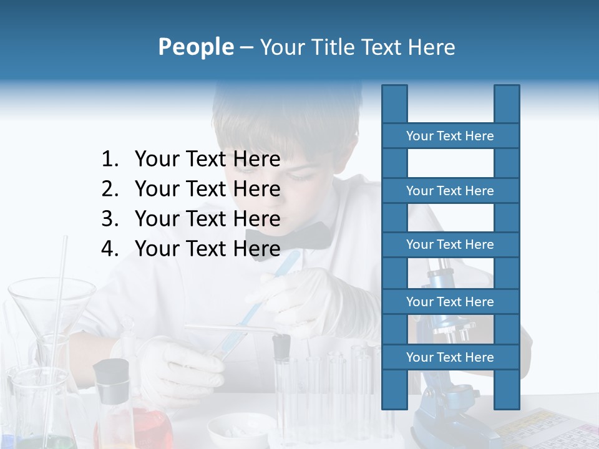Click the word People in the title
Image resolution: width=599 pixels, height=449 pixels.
click(x=195, y=47)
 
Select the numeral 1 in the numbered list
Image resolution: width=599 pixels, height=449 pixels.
click(x=109, y=160)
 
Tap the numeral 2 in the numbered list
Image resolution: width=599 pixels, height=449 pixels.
click(x=109, y=189)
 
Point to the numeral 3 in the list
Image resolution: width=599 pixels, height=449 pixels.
click(x=109, y=219)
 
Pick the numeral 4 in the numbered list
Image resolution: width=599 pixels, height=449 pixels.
click(x=109, y=249)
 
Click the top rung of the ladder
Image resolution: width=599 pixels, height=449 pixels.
click(x=450, y=136)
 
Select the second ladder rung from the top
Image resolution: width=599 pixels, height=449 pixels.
click(x=450, y=191)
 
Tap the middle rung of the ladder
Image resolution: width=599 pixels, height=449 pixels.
click(x=450, y=244)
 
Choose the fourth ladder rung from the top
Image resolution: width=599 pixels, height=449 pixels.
click(x=450, y=302)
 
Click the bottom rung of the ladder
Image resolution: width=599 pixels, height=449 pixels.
click(x=450, y=357)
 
